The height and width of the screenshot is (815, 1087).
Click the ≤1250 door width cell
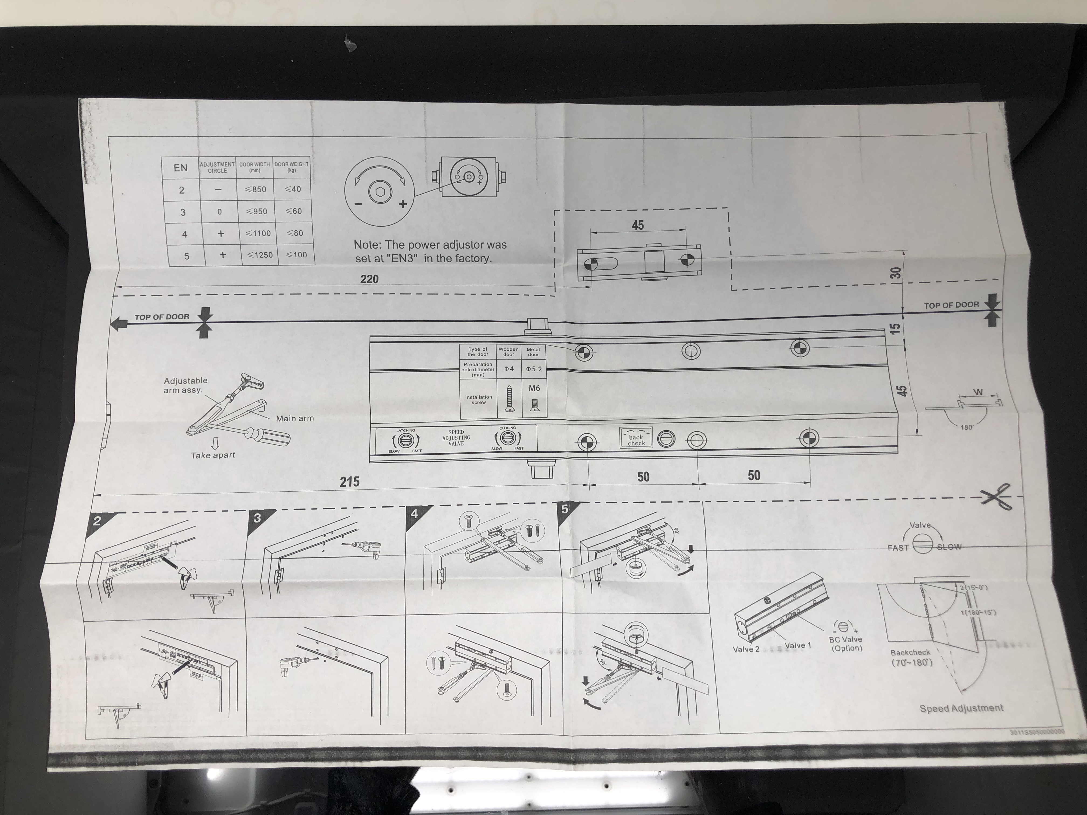pos(260,255)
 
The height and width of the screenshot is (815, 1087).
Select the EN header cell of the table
pos(180,168)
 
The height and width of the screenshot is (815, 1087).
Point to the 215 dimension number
pos(349,482)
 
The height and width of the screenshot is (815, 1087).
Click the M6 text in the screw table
pos(534,388)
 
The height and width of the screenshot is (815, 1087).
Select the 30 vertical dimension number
pos(896,273)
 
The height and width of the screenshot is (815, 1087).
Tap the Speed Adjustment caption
pos(961,708)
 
